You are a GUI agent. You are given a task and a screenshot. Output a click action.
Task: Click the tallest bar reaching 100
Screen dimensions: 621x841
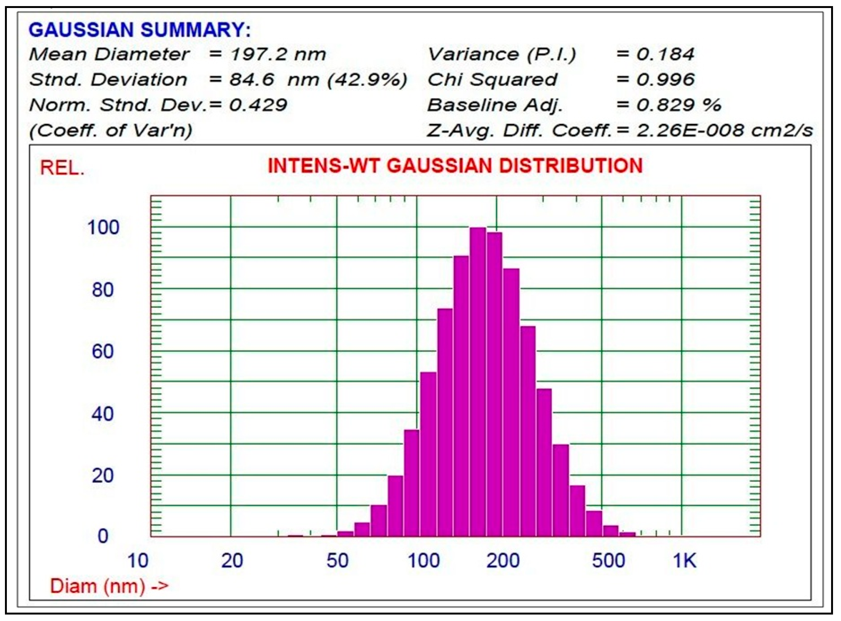click(x=478, y=381)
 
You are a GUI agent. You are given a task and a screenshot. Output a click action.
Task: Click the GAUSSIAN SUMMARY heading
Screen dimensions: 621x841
click(x=140, y=30)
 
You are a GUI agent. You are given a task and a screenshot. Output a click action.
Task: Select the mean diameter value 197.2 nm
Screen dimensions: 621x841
click(x=278, y=54)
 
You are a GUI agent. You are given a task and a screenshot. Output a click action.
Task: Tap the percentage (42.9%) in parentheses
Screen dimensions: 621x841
click(x=368, y=80)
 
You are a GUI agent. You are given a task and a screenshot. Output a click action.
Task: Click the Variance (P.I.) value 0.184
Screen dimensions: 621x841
click(x=665, y=54)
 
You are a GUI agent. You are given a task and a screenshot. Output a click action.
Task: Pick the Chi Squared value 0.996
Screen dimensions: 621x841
click(x=665, y=80)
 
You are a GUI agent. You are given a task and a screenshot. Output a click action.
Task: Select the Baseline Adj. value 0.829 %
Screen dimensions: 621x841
click(x=678, y=105)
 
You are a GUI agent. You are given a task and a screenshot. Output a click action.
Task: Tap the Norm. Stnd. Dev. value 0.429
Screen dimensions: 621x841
click(x=258, y=105)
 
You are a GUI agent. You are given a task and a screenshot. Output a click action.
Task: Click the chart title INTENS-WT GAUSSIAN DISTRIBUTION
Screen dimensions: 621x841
click(x=455, y=166)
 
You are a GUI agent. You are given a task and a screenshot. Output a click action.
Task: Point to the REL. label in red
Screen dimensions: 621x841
click(x=62, y=168)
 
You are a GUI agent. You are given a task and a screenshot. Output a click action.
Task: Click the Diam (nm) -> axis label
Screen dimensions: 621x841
click(x=109, y=586)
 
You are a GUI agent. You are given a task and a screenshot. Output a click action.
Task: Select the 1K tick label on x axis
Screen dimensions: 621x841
click(x=684, y=561)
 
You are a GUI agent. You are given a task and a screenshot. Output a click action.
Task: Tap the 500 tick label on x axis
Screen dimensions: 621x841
click(x=608, y=561)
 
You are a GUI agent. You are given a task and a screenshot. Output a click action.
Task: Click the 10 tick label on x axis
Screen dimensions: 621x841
click(x=138, y=561)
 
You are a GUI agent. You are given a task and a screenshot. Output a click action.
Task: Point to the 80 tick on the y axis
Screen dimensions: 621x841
click(x=102, y=290)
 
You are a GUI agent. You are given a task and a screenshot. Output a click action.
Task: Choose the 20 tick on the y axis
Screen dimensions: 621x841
click(x=102, y=476)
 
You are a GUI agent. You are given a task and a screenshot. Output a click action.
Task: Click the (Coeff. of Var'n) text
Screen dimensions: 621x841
click(x=111, y=131)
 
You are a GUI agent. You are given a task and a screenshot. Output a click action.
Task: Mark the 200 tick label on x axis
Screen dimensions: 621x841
click(x=503, y=561)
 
